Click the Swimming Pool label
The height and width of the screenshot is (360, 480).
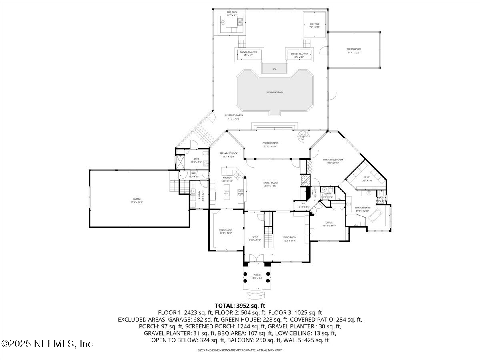pyautogui.click(x=275, y=92)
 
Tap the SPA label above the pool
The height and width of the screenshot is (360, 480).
pyautogui.click(x=275, y=69)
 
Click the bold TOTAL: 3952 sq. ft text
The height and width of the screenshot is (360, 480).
pyautogui.click(x=240, y=305)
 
